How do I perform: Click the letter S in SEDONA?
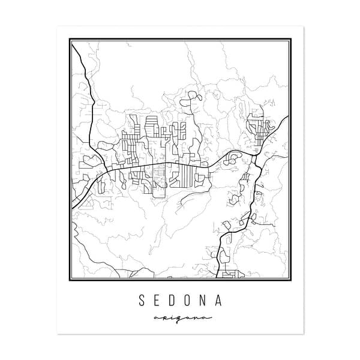pyautogui.click(x=142, y=299)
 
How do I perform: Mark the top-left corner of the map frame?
pyautogui.click(x=70, y=40)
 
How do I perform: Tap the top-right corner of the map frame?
pyautogui.click(x=291, y=40)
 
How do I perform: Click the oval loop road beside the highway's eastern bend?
pyautogui.click(x=233, y=157)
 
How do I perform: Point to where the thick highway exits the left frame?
pyautogui.click(x=71, y=208)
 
